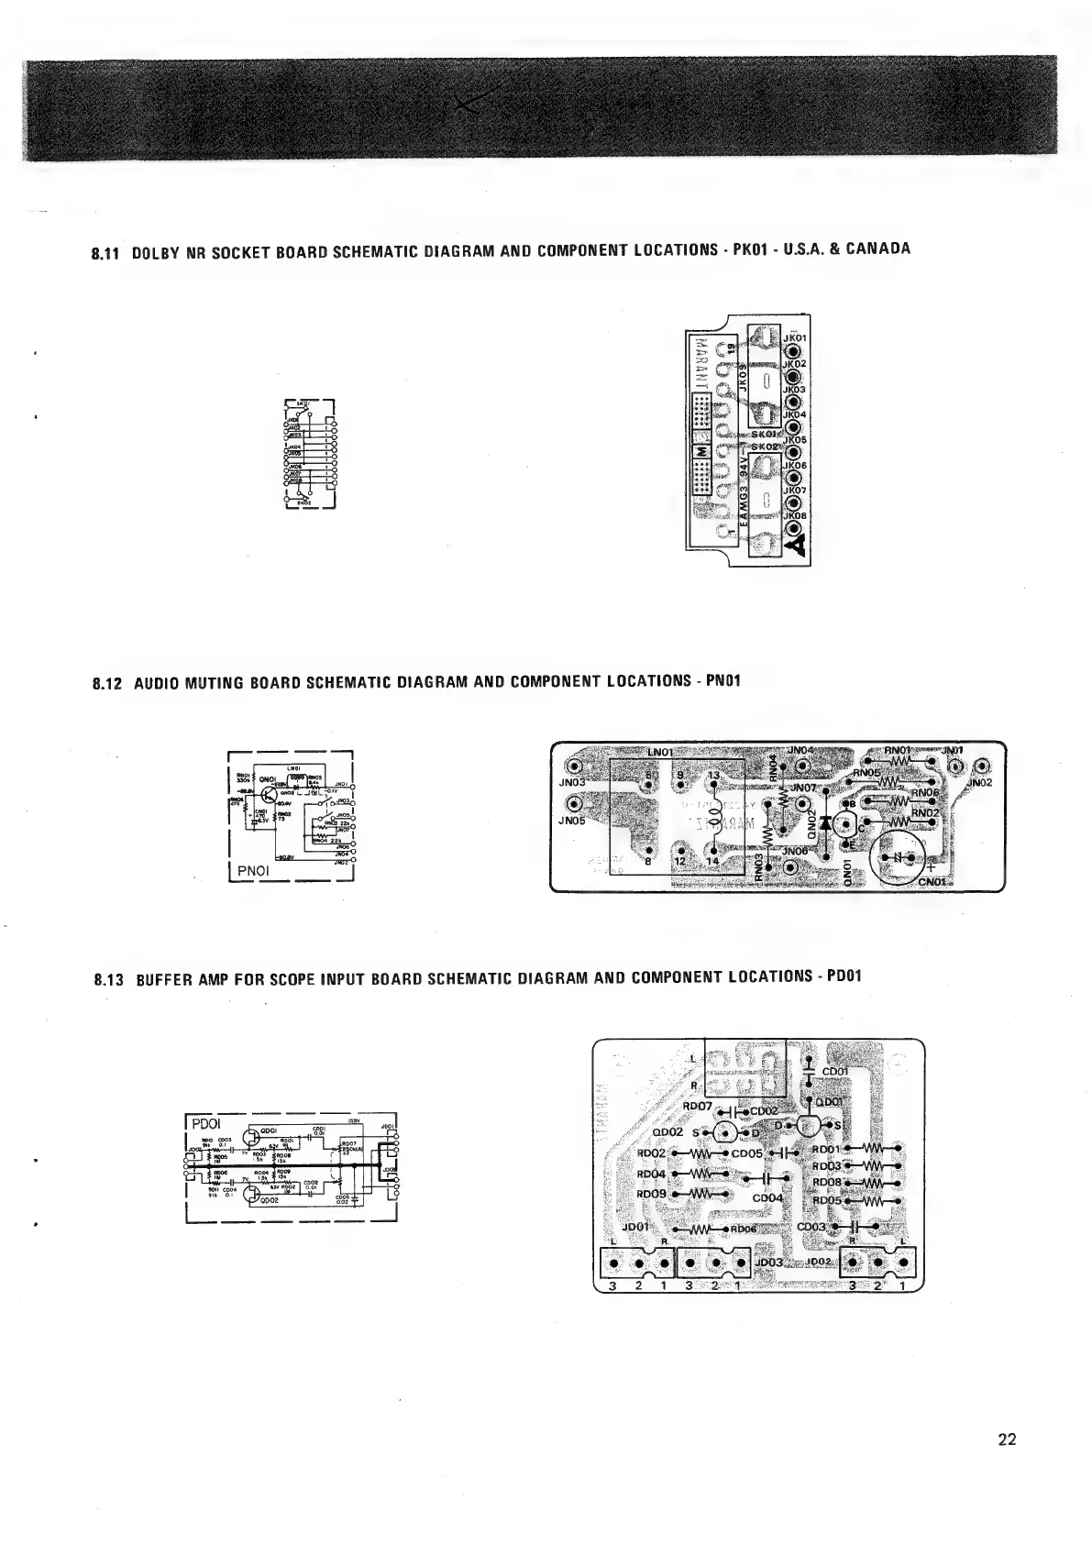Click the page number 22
click(x=1007, y=1439)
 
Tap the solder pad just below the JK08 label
click(x=793, y=529)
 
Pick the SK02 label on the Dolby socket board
click(x=765, y=446)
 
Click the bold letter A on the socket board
click(x=794, y=546)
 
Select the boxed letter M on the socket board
click(x=701, y=453)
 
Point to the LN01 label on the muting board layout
click(x=660, y=752)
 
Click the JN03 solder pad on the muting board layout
click(x=574, y=766)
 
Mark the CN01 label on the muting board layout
click(x=937, y=881)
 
